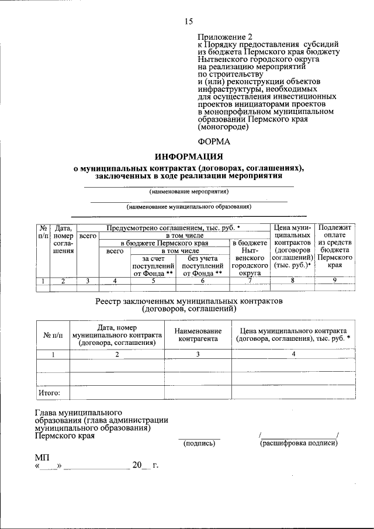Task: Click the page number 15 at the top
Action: pos(189,22)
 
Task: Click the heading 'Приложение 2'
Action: pos(224,36)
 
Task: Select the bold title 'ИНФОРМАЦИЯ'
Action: pos(189,157)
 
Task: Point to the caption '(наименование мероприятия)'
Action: pos(189,191)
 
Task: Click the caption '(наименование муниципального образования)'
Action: pos(189,206)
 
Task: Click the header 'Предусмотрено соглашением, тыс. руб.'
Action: pos(174,227)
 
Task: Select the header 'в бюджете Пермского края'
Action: pos(164,243)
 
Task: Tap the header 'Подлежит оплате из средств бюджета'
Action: pos(334,246)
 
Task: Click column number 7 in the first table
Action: pos(250,281)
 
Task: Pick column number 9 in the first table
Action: pos(334,281)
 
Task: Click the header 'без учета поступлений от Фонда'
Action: pos(203,265)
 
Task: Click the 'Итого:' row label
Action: pos(50,393)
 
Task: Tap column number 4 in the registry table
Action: pos(293,354)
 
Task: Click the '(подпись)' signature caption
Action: pos(199,444)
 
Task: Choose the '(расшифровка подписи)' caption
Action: pos(299,444)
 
